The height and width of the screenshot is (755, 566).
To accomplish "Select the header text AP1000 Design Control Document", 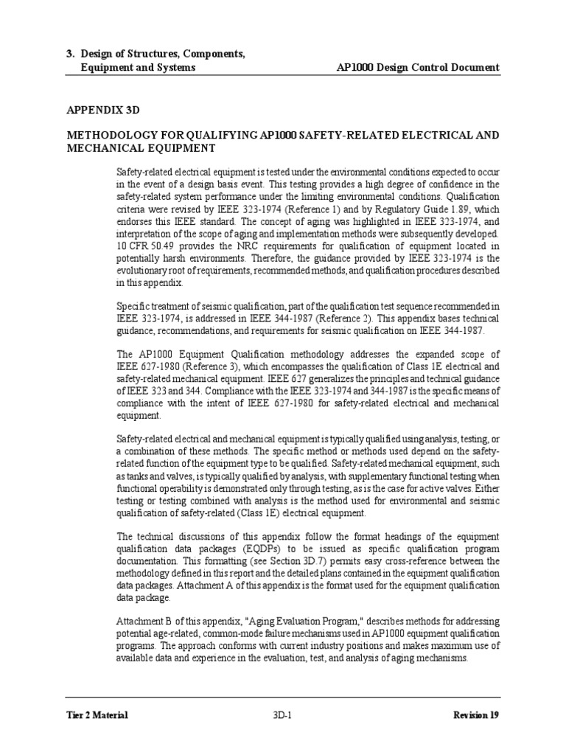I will coord(417,68).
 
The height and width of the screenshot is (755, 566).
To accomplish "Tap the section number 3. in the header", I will coord(71,54).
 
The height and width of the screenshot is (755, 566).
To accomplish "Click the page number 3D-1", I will coord(283,714).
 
